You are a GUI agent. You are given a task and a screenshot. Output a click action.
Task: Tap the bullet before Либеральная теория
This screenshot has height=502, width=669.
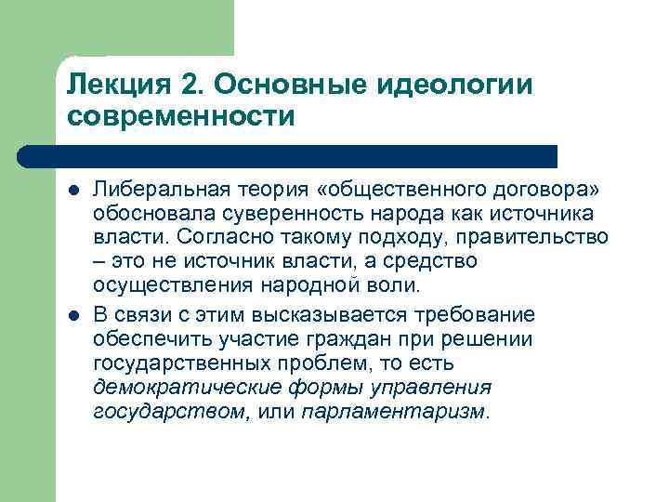pyautogui.click(x=73, y=191)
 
